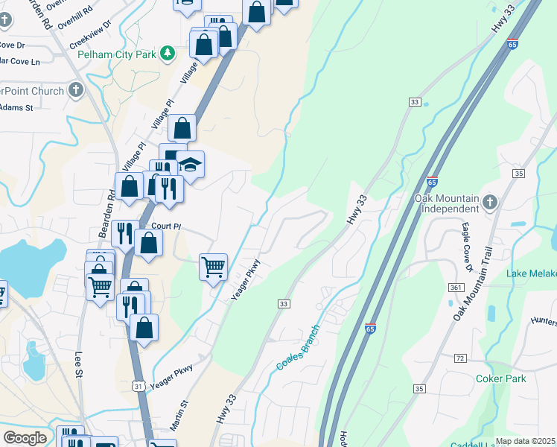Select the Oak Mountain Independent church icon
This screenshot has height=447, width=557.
pos(489,202)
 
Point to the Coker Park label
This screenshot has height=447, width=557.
pos(500,378)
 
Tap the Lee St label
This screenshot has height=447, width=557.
pos(79,365)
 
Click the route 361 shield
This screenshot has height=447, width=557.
pos(456,288)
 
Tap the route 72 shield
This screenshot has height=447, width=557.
pos(460,358)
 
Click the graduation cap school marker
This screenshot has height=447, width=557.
pos(190,165)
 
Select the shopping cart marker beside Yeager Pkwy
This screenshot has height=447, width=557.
pos(214,265)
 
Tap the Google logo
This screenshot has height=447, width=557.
pos(25,438)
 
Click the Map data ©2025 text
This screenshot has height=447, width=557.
pos(525,441)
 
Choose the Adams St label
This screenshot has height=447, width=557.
pos(16,107)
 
